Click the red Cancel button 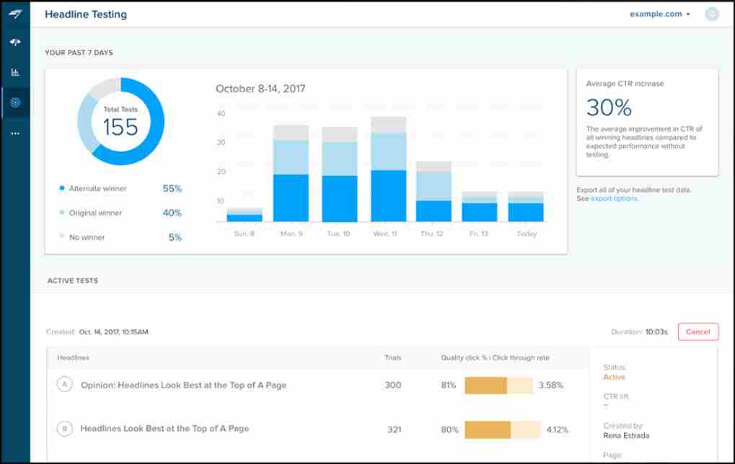697,331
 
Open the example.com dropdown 660,14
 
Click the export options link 615,199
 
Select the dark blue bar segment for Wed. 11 388,195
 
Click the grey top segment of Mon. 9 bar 291,133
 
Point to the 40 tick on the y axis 221,114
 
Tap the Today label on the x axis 527,234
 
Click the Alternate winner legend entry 97,189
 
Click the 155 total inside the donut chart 120,127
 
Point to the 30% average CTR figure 609,107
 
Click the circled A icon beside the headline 64,385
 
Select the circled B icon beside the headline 64,429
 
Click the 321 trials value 393,429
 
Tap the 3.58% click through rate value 550,385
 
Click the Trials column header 393,357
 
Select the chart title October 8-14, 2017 260,89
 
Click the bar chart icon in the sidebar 15,72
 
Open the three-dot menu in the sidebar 15,133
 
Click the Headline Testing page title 86,14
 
